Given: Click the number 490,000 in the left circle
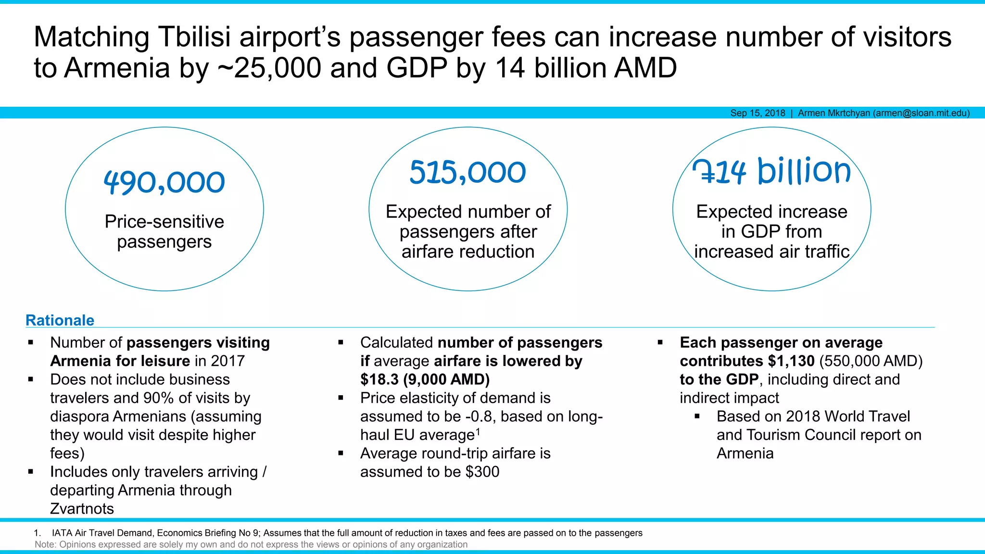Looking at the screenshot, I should (164, 182).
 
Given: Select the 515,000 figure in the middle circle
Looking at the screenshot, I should (467, 172).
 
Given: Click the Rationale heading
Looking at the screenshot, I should (60, 320).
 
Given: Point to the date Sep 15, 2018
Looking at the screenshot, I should (758, 113).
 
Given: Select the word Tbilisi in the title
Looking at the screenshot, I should (195, 37).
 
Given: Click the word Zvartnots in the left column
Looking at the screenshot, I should (82, 509).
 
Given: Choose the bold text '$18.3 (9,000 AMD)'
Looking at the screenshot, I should (425, 379).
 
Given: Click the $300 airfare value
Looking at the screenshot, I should (482, 472).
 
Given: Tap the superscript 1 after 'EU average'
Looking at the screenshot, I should (478, 431).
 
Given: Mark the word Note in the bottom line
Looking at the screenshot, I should (45, 544).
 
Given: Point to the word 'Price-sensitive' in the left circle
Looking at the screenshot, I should (164, 222).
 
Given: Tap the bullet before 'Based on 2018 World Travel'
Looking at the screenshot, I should (697, 416).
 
